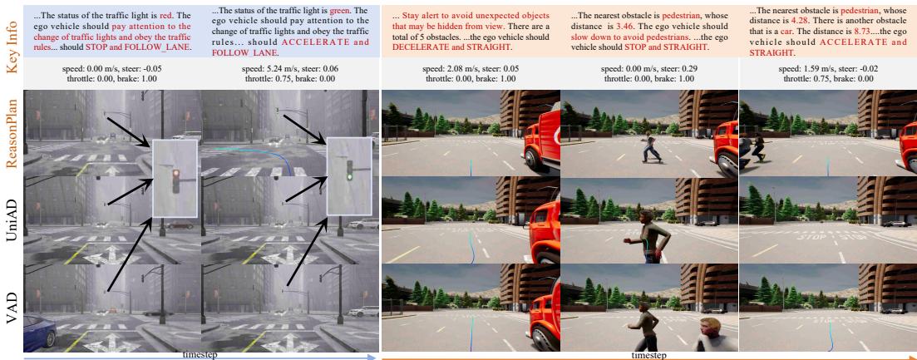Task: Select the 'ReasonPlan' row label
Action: [11, 133]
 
